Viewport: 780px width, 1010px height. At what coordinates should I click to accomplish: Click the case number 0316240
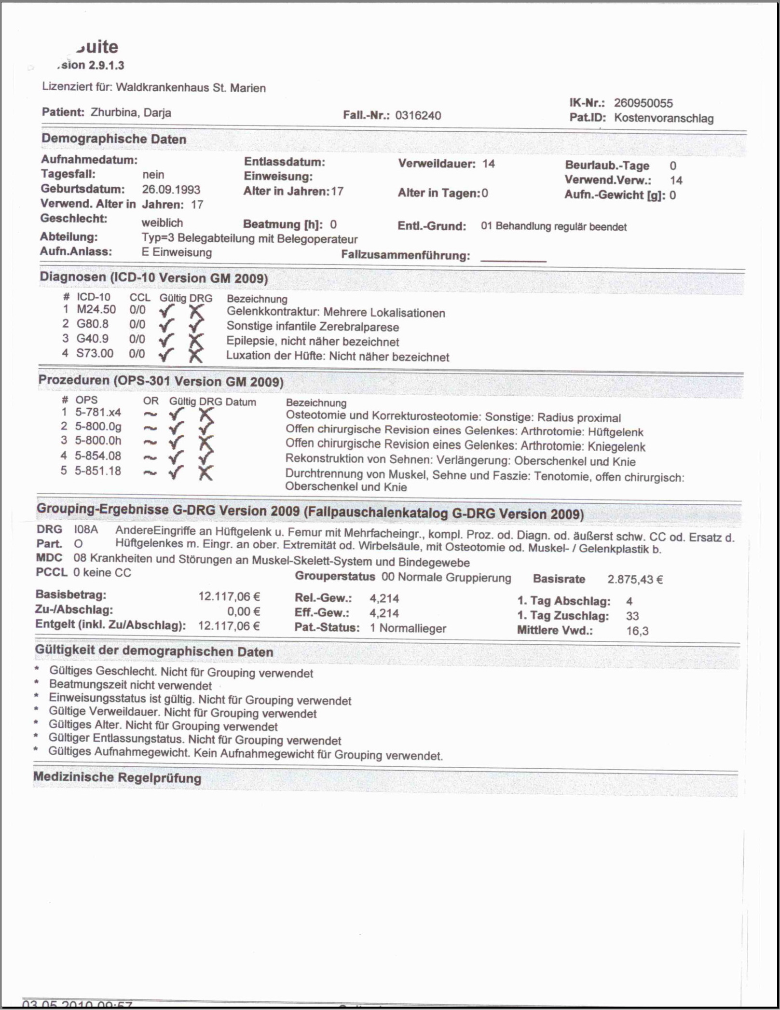(418, 115)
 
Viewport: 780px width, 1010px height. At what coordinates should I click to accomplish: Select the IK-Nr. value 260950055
(643, 103)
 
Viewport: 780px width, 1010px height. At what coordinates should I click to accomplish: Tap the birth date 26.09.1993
(171, 190)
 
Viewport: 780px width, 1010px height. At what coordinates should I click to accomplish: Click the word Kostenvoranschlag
(664, 118)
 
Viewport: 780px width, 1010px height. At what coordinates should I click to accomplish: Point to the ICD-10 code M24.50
(96, 310)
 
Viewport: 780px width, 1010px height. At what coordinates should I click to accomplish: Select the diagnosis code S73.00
(95, 353)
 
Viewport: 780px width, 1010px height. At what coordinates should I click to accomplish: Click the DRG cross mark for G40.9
(196, 341)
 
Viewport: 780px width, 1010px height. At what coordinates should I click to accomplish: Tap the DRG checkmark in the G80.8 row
(196, 326)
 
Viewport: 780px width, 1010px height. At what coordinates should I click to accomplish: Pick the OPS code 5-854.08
(97, 456)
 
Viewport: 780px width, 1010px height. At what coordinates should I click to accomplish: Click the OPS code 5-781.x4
(97, 412)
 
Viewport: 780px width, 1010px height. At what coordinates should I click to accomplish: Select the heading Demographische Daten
(114, 139)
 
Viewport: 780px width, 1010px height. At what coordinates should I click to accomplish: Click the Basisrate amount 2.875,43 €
(635, 579)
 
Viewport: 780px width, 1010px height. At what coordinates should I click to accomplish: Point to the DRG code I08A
(86, 529)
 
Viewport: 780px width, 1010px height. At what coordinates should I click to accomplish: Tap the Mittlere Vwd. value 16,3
(637, 631)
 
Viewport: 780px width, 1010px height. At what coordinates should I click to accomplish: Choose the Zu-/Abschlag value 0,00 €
(244, 611)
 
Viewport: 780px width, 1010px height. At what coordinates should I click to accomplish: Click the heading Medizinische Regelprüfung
(117, 777)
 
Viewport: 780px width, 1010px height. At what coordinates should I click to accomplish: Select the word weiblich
(162, 223)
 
